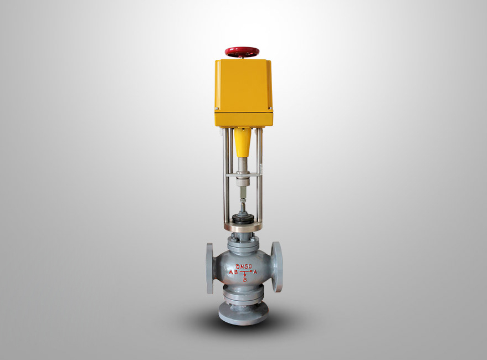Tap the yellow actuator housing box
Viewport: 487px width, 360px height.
[x=244, y=93]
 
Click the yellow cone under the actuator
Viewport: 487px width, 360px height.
[x=242, y=142]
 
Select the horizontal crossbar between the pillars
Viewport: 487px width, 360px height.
[x=243, y=175]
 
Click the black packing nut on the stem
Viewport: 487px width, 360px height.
[x=243, y=218]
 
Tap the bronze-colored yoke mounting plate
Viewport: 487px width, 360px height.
[x=243, y=227]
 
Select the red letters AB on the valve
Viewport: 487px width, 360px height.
[x=233, y=272]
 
